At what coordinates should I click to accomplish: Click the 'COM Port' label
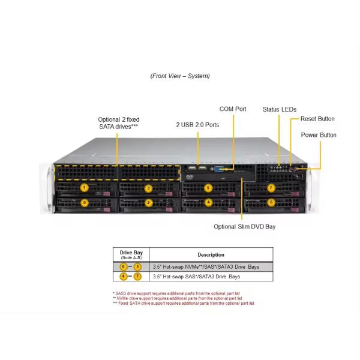[x=233, y=109]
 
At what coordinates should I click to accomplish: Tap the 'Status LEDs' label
[x=279, y=109]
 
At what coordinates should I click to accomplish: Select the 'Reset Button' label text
[x=317, y=119]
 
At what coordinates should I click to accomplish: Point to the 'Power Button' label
[x=319, y=135]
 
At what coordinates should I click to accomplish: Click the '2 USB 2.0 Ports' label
[x=197, y=125]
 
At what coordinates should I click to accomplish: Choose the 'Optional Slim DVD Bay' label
[x=245, y=227]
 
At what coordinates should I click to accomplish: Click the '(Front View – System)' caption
[x=180, y=76]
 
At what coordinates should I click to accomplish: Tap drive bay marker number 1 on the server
[x=85, y=188]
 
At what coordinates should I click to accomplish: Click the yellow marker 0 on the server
[x=85, y=202]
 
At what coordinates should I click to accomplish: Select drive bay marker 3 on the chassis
[x=148, y=188]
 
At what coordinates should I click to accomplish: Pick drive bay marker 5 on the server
[x=208, y=188]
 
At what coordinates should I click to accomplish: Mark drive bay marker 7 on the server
[x=271, y=188]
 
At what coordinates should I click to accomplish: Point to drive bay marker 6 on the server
[x=271, y=202]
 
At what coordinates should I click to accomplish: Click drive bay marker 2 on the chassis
[x=148, y=202]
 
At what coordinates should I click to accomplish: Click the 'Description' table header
[x=211, y=255]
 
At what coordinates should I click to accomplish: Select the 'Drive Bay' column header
[x=131, y=254]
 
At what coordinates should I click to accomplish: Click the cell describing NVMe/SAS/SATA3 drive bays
[x=206, y=266]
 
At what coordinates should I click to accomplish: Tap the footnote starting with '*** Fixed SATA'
[x=183, y=303]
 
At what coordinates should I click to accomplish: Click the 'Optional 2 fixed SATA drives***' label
[x=118, y=123]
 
